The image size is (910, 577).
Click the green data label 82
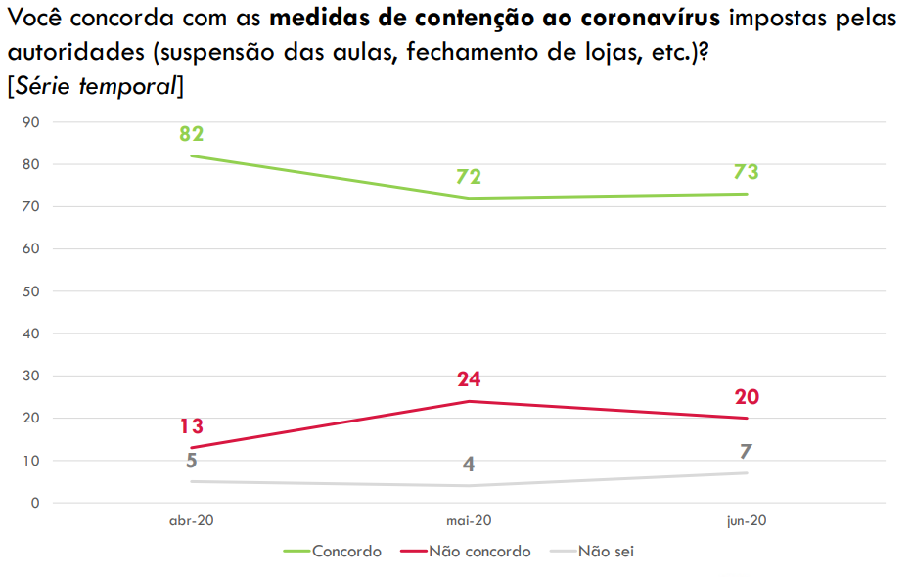click(191, 134)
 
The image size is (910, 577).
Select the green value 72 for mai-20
click(469, 177)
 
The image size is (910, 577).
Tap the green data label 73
click(746, 172)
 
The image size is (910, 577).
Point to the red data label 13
click(191, 426)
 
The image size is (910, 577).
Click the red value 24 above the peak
click(469, 379)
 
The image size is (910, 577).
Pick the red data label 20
click(746, 397)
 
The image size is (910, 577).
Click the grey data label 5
click(191, 461)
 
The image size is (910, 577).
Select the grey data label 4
click(469, 465)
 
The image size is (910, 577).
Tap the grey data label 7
click(746, 452)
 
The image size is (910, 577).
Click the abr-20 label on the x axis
click(191, 522)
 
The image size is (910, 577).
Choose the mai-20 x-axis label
click(469, 522)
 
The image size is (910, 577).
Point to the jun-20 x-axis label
click(746, 522)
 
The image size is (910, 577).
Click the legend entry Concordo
click(346, 552)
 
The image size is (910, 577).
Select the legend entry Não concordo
click(479, 552)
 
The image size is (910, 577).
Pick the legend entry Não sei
click(607, 552)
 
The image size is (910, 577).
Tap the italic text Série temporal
click(95, 86)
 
